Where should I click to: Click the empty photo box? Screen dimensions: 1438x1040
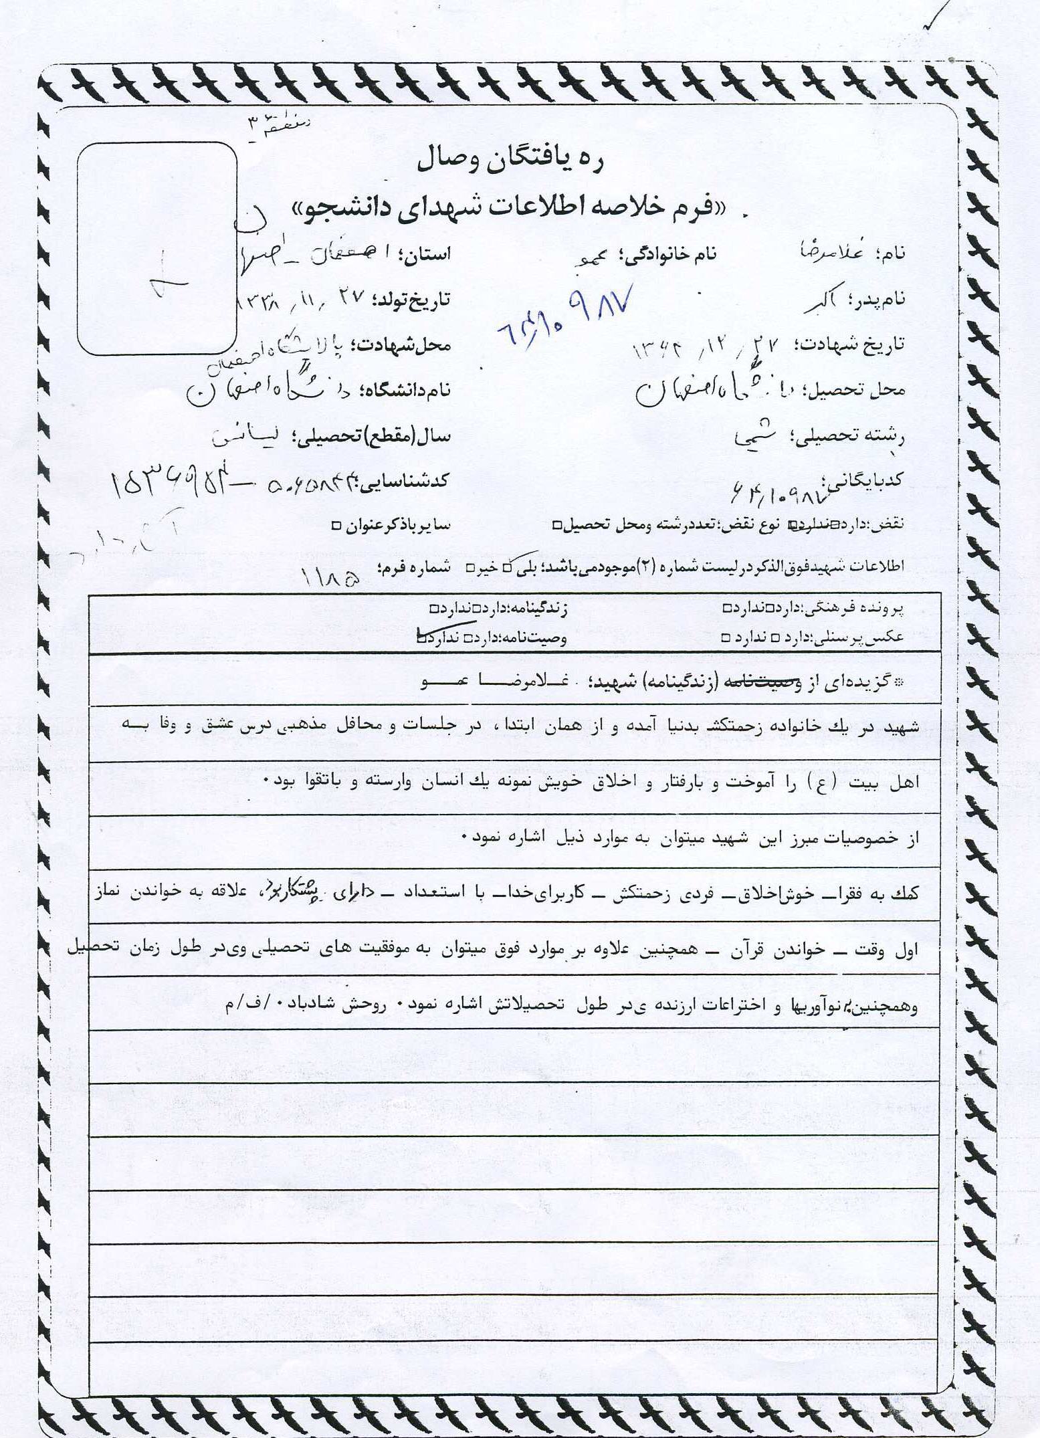point(157,249)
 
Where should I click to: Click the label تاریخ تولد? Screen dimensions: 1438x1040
point(412,299)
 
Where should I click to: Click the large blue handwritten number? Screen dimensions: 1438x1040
point(567,317)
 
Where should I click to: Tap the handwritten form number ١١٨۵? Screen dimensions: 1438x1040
point(331,577)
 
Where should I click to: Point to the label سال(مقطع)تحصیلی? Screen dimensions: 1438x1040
point(377,437)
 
